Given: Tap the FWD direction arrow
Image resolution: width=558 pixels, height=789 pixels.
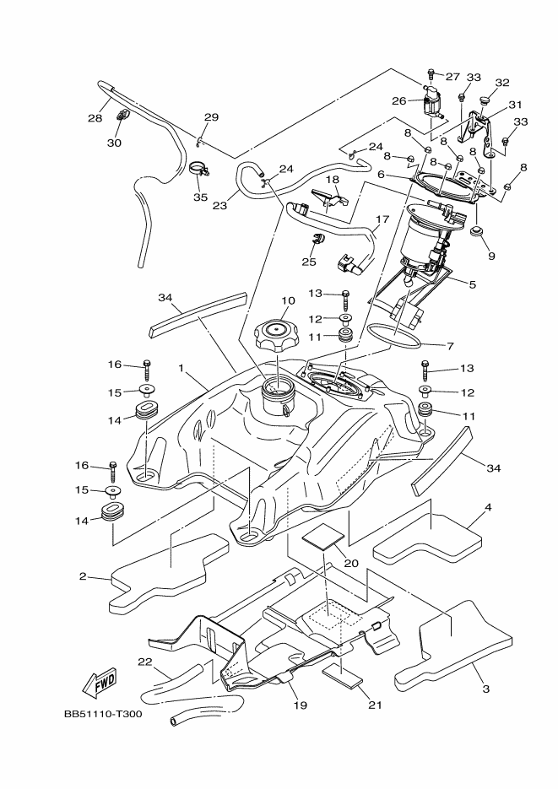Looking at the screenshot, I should pos(100,681).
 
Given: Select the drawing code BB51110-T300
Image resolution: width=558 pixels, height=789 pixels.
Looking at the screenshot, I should pos(102,714).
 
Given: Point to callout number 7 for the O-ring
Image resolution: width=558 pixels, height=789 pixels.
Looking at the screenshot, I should pos(449,345).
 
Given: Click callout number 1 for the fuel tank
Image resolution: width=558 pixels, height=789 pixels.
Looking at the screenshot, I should pos(181,368).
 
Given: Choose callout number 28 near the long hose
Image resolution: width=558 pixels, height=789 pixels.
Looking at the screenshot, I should pos(95,119).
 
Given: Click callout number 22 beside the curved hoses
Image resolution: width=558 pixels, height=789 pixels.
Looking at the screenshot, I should pos(145,661).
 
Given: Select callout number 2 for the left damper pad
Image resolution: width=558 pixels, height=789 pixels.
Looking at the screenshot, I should pos(83,576).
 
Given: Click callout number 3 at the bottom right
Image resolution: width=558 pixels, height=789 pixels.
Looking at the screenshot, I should pos(485,689).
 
